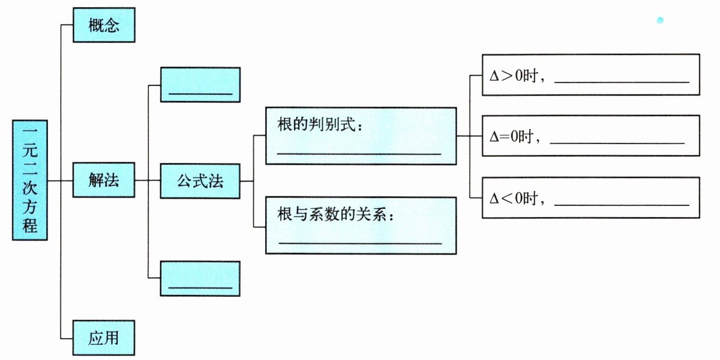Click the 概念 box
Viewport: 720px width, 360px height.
point(104,25)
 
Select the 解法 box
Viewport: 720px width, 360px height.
point(104,180)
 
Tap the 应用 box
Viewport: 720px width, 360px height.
point(103,338)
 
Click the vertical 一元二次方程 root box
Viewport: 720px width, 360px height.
point(30,180)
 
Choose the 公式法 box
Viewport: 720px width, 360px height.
point(200,181)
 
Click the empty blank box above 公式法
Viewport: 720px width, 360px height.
point(200,85)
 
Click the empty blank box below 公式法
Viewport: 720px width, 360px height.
point(200,279)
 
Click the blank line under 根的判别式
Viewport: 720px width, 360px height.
point(359,154)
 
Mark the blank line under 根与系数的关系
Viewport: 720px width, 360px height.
point(361,243)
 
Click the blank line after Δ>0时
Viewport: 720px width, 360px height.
point(622,82)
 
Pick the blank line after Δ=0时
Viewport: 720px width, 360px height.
point(617,143)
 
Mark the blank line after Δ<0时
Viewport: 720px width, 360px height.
point(622,204)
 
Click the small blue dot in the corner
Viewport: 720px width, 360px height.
point(660,21)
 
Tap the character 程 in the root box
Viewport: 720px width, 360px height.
point(30,225)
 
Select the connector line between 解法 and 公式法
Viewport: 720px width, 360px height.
point(148,180)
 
